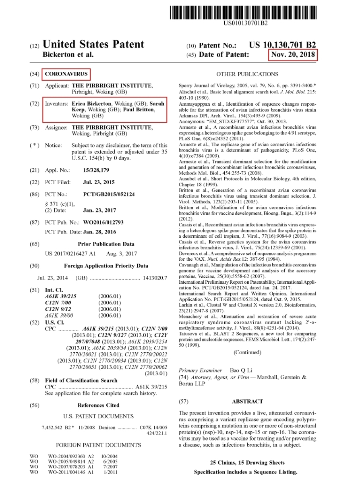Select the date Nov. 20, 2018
293,55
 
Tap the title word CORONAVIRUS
66,74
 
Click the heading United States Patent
93,44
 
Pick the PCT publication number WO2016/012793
104,222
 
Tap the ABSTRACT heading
247,401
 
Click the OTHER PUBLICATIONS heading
247,74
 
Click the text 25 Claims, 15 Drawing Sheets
247,463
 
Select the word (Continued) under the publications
247,352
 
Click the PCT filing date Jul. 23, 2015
99,182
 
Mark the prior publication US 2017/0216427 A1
70,254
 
